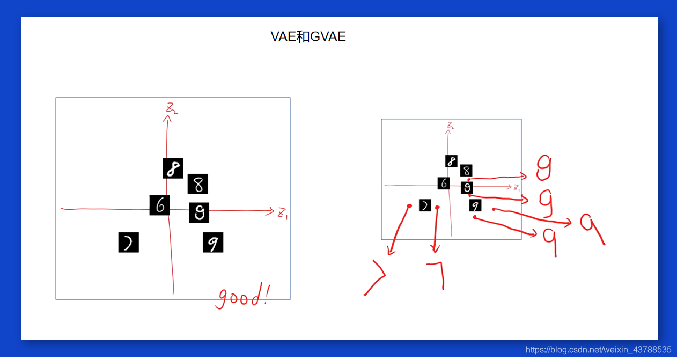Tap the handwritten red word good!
pyautogui.click(x=242, y=296)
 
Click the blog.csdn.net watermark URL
pyautogui.click(x=598, y=349)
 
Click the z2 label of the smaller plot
pyautogui.click(x=451, y=126)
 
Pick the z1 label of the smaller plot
pyautogui.click(x=517, y=188)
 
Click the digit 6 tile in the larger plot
pyautogui.click(x=160, y=205)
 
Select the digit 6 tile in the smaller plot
pyautogui.click(x=444, y=183)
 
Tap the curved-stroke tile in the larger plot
pyautogui.click(x=128, y=243)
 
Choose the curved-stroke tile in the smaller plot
pyautogui.click(x=425, y=205)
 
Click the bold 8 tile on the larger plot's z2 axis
pyautogui.click(x=173, y=168)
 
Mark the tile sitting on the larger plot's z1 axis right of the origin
pyautogui.click(x=198, y=213)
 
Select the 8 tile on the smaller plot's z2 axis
pyautogui.click(x=451, y=161)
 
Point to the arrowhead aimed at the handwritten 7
pyautogui.click(x=435, y=249)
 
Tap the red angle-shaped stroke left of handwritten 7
pyautogui.click(x=376, y=276)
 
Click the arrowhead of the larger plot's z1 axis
pyautogui.click(x=271, y=211)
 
